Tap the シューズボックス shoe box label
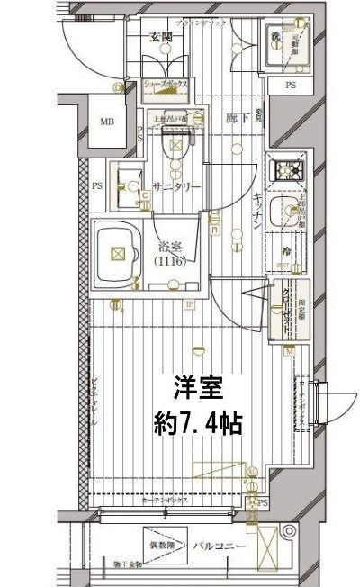(x=166, y=86)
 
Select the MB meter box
(x=107, y=122)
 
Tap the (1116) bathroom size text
(x=171, y=261)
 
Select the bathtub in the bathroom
(x=115, y=255)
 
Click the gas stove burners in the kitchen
(x=290, y=170)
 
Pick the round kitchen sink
(x=290, y=215)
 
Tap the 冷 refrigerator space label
(x=285, y=253)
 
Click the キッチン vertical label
(x=256, y=212)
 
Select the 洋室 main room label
(x=196, y=389)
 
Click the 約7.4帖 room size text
(x=196, y=421)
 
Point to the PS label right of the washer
(x=290, y=86)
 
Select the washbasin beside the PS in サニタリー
(x=126, y=176)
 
